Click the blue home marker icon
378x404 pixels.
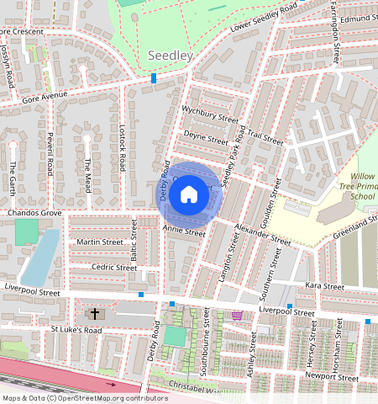(189, 195)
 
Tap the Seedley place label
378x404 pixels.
(170, 56)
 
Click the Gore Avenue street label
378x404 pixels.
(45, 96)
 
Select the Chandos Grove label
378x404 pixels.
(34, 214)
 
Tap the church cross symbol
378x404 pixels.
(95, 314)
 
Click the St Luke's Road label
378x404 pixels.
(76, 329)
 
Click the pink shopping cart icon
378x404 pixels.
(238, 316)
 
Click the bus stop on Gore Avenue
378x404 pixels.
(154, 78)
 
